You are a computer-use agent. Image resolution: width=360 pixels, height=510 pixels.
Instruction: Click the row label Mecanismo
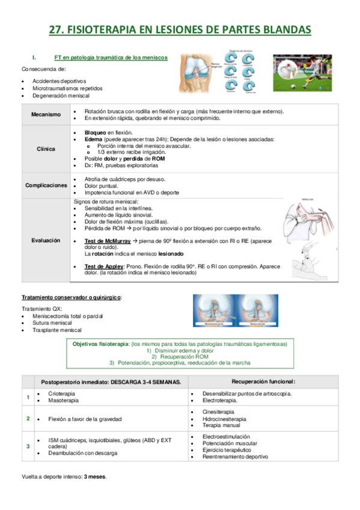click(46, 115)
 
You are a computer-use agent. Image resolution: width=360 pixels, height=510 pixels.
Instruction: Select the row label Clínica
click(46, 149)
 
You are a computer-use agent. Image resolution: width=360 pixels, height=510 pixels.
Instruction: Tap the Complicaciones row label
click(46, 185)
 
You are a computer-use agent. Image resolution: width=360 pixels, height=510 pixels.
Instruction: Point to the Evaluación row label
click(46, 240)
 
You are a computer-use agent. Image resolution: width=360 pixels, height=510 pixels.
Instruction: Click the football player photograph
click(302, 73)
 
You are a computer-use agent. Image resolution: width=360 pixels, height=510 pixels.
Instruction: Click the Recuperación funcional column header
click(263, 382)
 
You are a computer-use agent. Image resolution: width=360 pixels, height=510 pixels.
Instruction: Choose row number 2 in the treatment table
click(28, 418)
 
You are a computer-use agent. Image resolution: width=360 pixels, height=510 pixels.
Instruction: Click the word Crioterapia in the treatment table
click(62, 393)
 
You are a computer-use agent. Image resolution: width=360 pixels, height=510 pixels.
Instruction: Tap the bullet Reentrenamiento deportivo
click(236, 456)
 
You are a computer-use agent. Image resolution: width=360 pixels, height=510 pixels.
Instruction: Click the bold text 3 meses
click(96, 476)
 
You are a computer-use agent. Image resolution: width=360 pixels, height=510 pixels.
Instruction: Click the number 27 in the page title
click(56, 29)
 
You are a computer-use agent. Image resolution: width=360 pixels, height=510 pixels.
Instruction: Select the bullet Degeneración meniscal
click(61, 96)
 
